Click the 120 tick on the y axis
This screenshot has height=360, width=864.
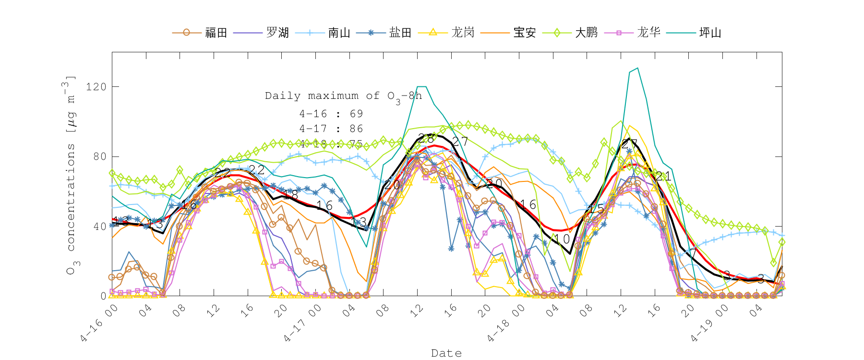coord(96,87)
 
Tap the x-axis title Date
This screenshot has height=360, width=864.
coord(446,353)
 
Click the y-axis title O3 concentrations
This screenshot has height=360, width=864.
coord(71,175)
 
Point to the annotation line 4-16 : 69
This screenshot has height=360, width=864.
coord(331,114)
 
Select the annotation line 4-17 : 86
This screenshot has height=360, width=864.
coord(331,129)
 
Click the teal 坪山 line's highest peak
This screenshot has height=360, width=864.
coord(637,68)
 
